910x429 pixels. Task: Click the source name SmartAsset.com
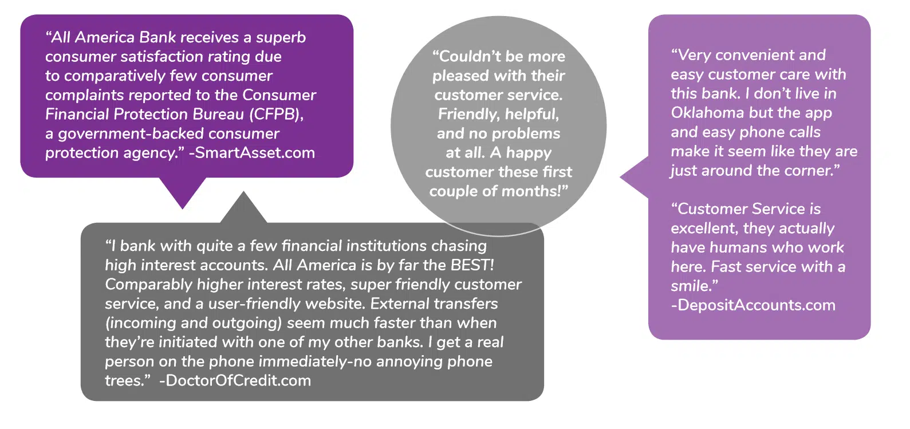[x=252, y=153]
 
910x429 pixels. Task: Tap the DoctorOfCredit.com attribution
[x=235, y=381]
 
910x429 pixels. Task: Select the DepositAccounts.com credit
[x=753, y=305]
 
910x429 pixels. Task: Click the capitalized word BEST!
[x=472, y=265]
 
